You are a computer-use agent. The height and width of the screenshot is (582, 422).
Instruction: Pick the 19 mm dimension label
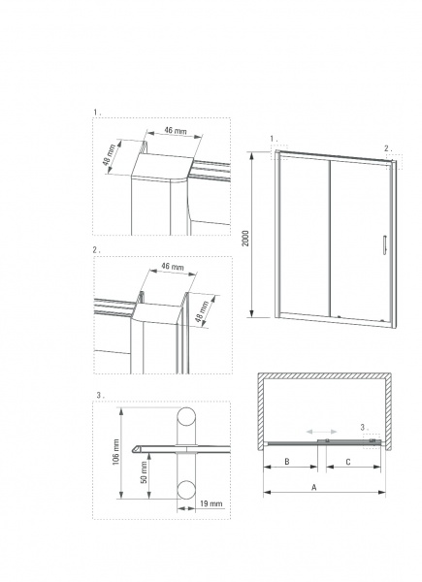tap(211, 505)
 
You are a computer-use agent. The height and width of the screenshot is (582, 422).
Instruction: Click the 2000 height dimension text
tap(246, 238)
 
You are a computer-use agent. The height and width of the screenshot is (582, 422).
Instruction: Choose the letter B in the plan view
tap(287, 464)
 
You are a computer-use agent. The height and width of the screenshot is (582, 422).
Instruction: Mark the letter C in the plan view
tap(348, 464)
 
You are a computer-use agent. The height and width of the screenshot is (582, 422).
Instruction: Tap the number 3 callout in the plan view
tap(363, 427)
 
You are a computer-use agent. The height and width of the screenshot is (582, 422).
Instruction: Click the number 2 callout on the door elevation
tap(387, 148)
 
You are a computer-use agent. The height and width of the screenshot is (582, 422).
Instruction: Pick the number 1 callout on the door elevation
tap(273, 139)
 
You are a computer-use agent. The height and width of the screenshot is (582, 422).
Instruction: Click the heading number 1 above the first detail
tap(96, 112)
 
